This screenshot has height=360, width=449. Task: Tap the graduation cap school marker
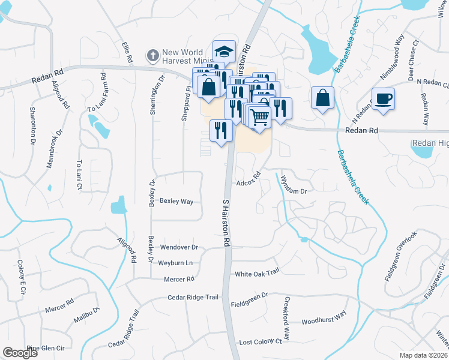[x=224, y=52]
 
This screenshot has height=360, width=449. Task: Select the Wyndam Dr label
[x=295, y=191]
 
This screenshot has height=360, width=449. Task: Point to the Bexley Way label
[x=176, y=202]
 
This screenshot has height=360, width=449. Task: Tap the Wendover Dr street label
[x=178, y=247]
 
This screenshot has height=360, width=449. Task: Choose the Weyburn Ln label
[x=175, y=263]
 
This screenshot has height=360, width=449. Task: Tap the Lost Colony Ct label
[x=261, y=341]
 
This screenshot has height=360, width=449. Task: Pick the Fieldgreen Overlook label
[x=400, y=256]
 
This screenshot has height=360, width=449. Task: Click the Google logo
[x=20, y=353]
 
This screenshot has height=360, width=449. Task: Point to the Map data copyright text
[x=423, y=355]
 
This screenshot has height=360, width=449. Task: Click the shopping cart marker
[x=259, y=116]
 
